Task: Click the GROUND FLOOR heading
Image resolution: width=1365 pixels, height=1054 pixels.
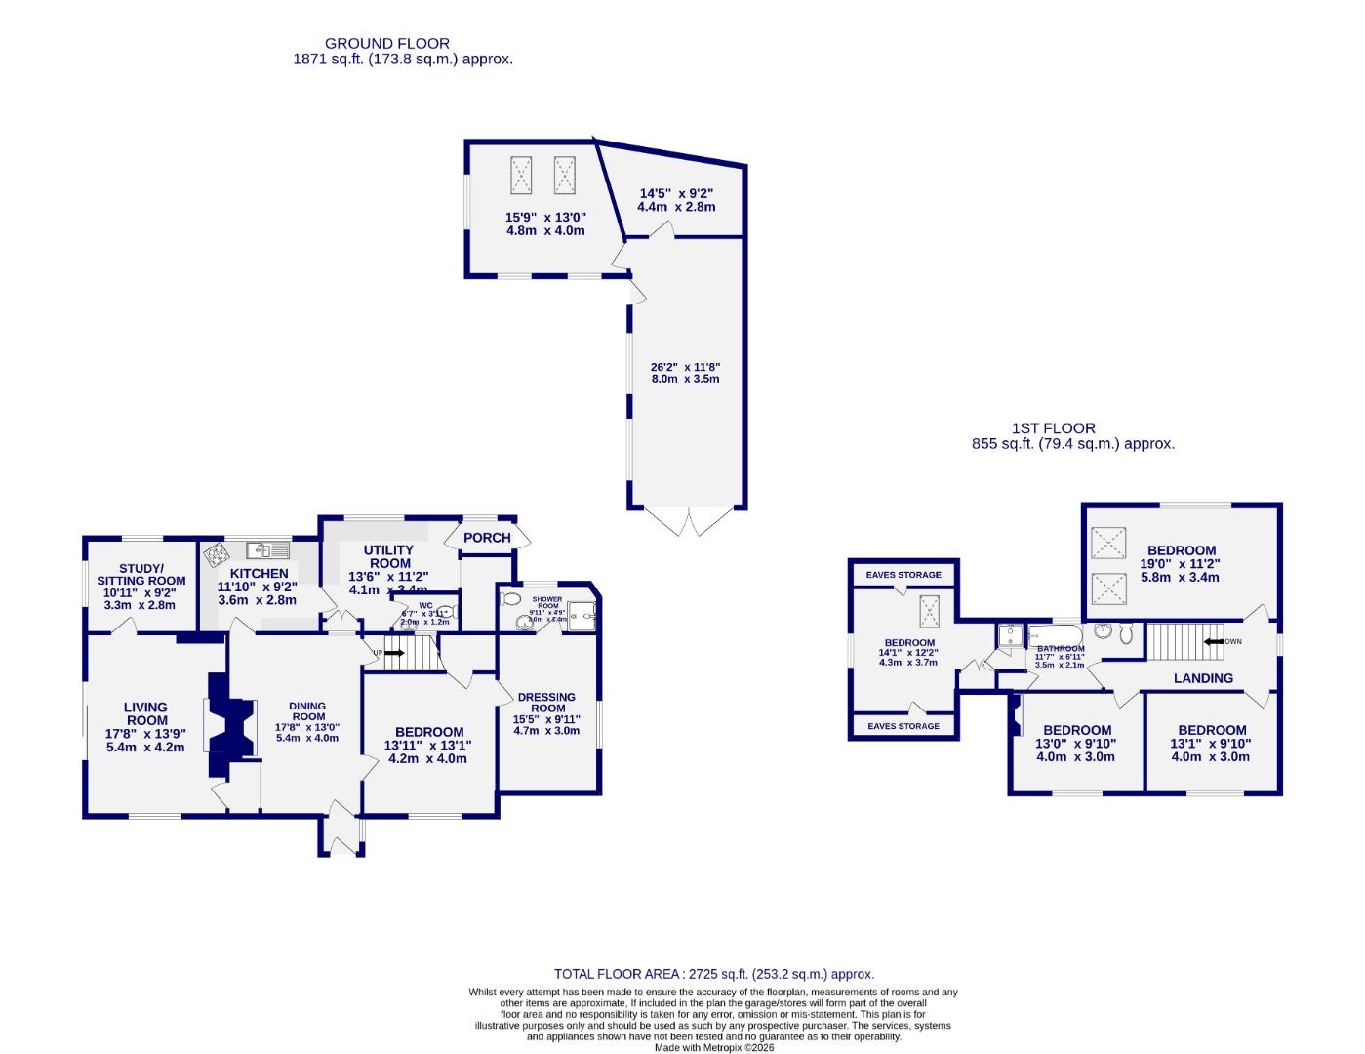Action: click(387, 43)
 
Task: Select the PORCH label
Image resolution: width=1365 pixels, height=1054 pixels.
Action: click(487, 538)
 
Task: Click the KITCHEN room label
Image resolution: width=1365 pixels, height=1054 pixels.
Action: click(259, 573)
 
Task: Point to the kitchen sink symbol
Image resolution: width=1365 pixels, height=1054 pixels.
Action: click(268, 549)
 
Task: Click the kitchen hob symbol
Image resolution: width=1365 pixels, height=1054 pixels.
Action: click(217, 554)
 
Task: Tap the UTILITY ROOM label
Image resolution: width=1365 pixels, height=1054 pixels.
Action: click(389, 557)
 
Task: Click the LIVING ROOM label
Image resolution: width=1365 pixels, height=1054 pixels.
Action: click(145, 713)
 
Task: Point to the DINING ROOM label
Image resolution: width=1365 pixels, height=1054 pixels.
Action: click(307, 711)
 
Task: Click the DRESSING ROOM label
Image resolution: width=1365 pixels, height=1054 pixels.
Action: click(546, 703)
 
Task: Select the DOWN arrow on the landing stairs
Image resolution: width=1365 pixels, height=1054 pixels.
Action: click(1217, 642)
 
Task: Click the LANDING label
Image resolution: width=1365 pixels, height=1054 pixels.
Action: click(1203, 678)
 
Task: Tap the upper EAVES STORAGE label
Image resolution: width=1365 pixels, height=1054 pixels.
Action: click(903, 575)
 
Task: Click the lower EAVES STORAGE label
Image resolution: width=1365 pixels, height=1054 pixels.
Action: click(903, 726)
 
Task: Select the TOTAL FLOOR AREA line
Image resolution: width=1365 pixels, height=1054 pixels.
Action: click(714, 974)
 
